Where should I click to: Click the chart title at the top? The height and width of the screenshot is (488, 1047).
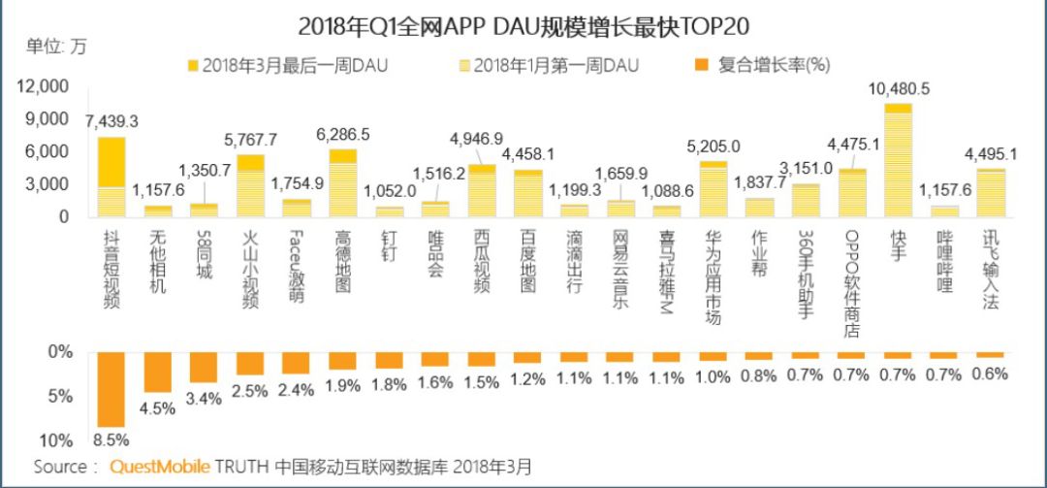click(523, 24)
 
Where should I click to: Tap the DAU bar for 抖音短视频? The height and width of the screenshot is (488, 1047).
click(111, 177)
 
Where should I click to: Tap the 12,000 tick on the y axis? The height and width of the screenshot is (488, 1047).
click(43, 87)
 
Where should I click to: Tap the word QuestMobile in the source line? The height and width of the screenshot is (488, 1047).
click(160, 467)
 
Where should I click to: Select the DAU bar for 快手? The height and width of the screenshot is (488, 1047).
click(898, 160)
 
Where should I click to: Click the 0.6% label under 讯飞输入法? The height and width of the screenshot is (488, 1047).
click(990, 373)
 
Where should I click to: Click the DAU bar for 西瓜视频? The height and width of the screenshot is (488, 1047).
click(481, 190)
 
